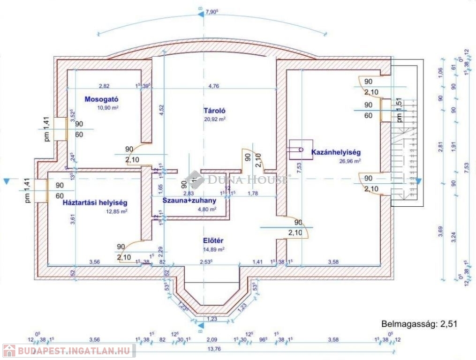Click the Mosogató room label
[x=101, y=99]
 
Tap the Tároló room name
[x=215, y=111]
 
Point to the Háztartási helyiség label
[x=95, y=203]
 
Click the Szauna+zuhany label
[x=189, y=201]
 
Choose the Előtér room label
[x=212, y=241]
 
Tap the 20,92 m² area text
[x=215, y=120]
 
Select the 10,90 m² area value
[x=107, y=107]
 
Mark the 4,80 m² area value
[x=206, y=209]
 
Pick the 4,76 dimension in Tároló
[x=213, y=86]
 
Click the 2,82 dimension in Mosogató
[x=104, y=86]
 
